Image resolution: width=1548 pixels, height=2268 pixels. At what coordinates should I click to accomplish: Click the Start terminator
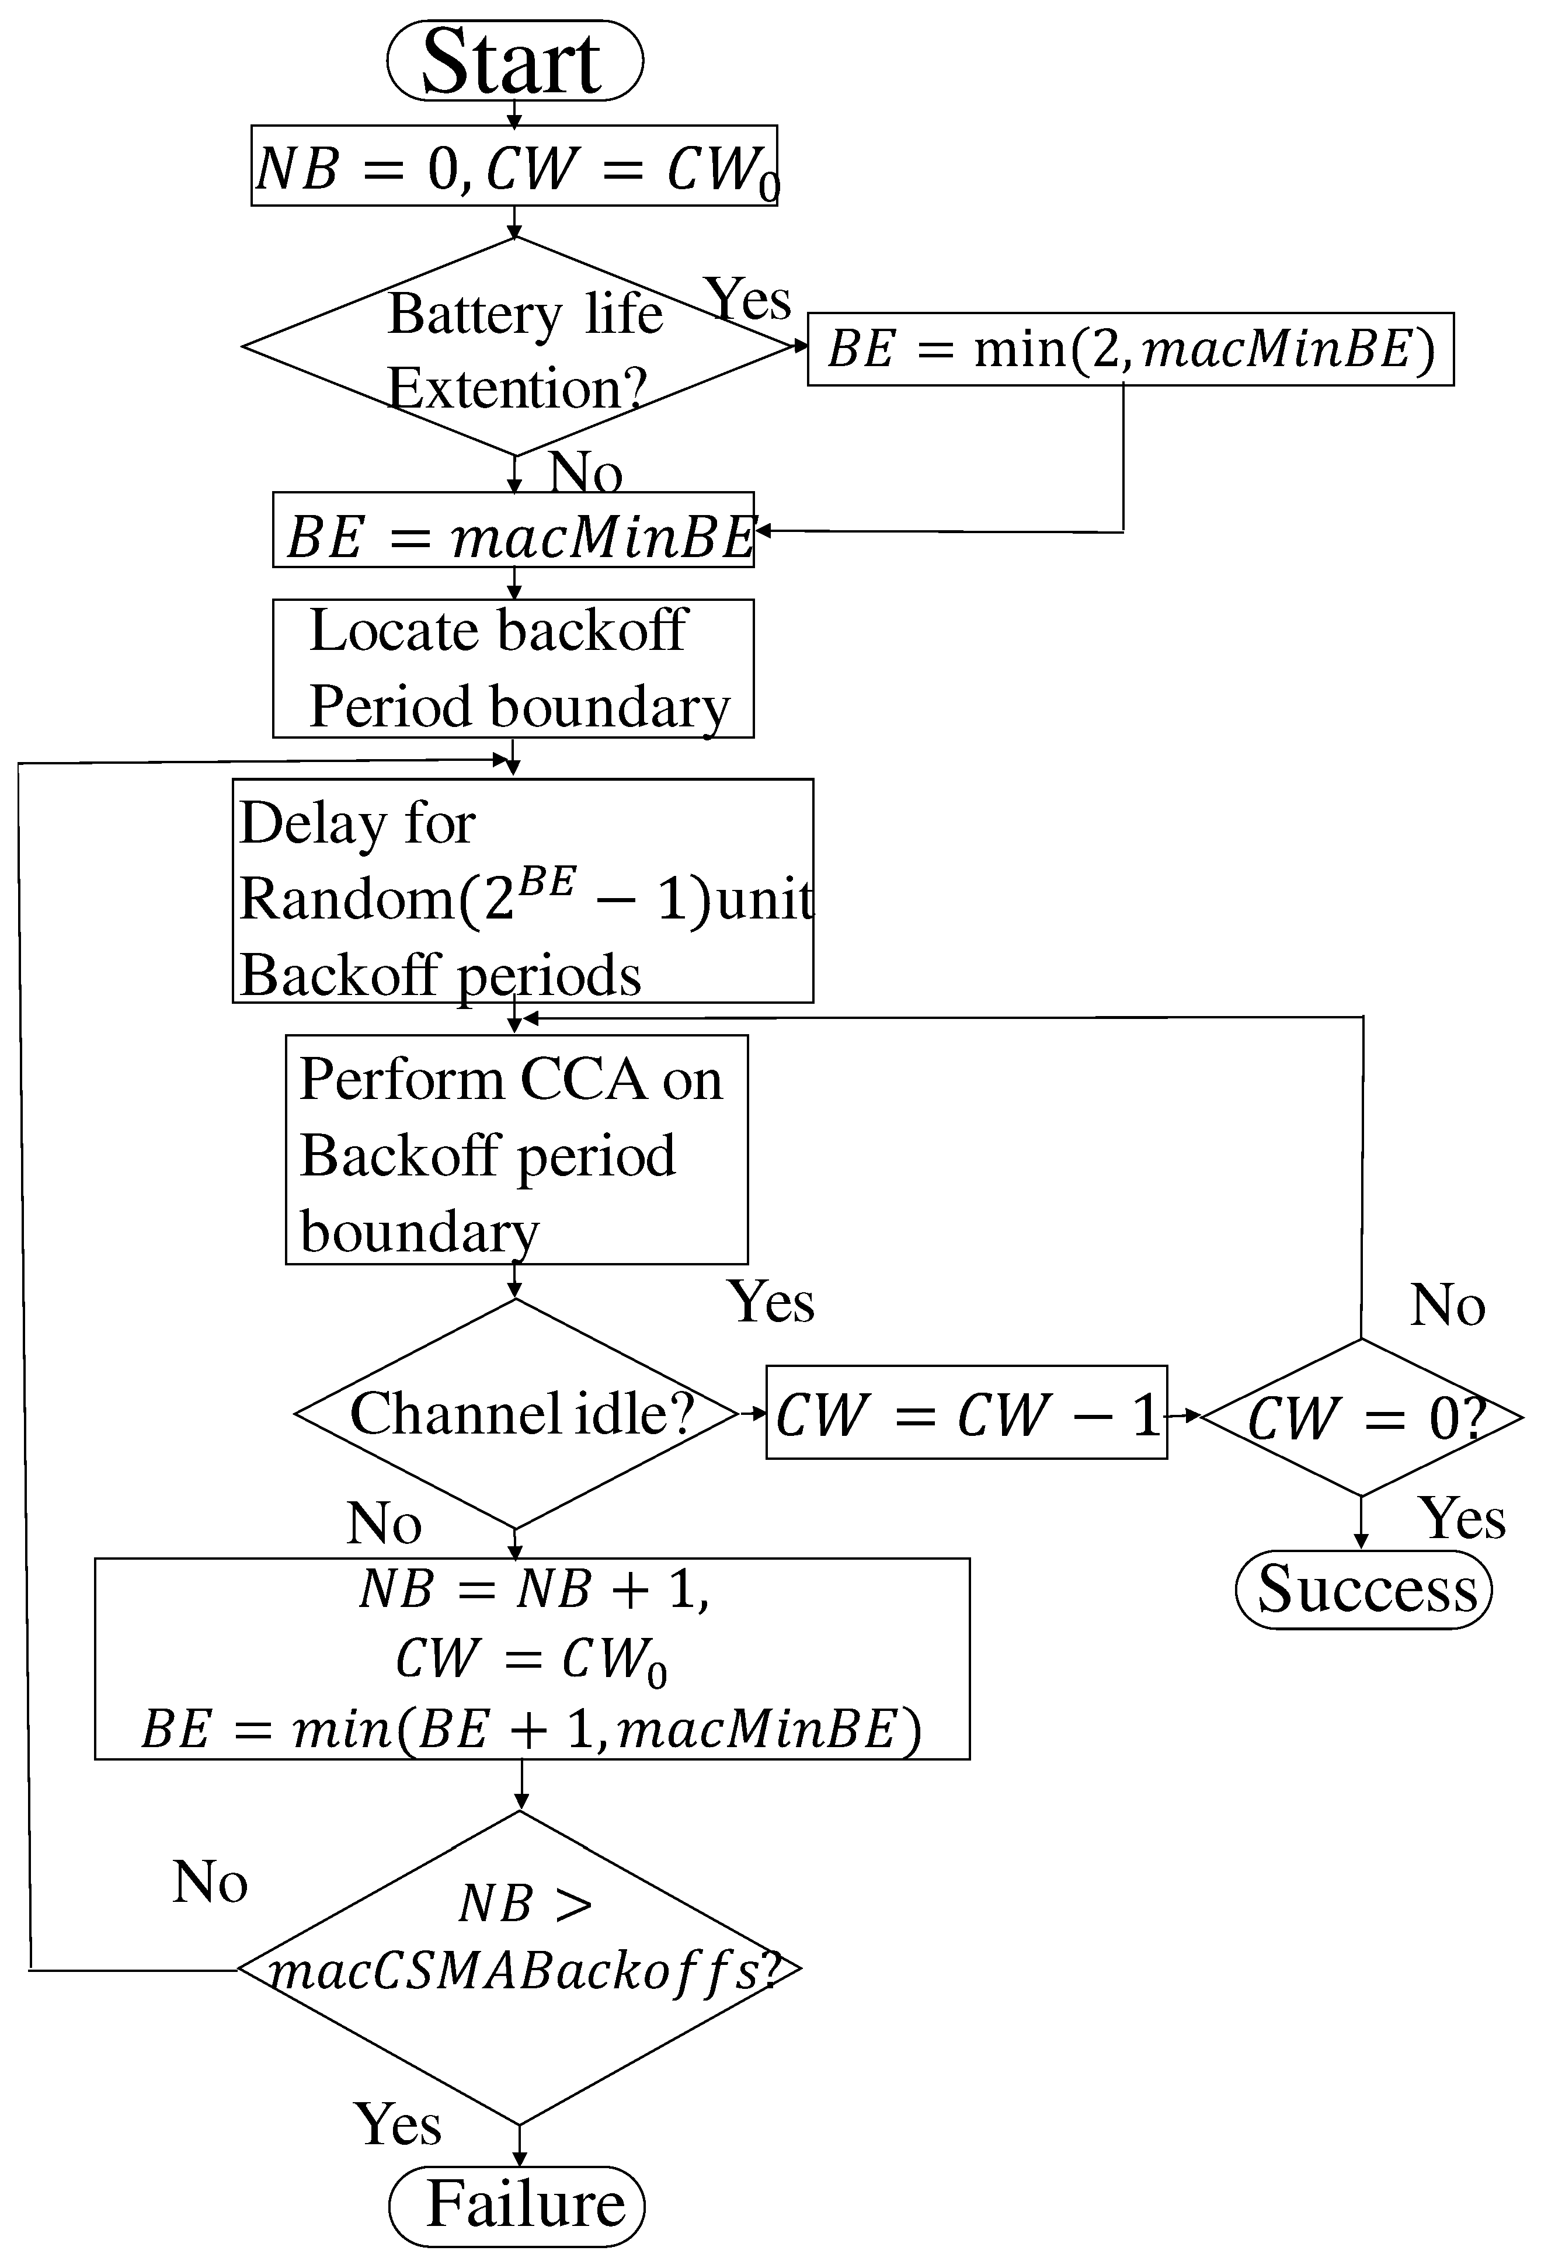coord(514,61)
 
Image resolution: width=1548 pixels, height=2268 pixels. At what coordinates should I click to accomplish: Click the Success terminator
coord(1363,1589)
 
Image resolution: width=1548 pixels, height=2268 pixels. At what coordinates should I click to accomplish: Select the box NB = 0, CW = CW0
coord(514,166)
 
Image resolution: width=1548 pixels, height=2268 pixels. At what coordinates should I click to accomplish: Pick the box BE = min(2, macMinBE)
coord(1130,349)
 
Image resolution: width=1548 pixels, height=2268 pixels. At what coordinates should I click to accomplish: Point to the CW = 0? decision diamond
coord(1362,1417)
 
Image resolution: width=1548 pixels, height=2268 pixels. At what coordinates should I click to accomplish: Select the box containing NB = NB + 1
coord(532,1659)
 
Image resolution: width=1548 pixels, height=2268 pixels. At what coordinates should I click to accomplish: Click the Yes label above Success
coord(1461,1518)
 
